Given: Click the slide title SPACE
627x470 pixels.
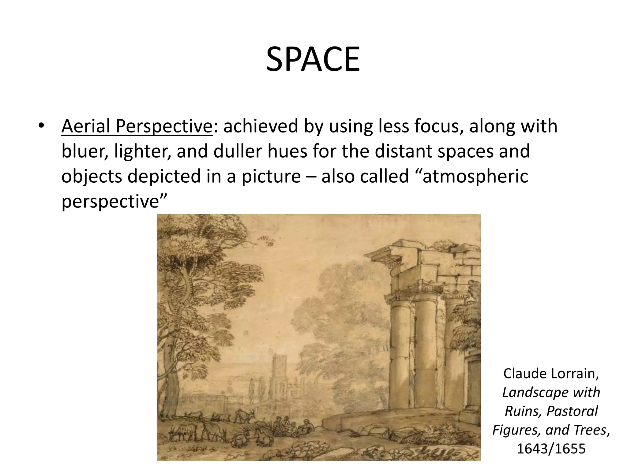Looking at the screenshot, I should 313,59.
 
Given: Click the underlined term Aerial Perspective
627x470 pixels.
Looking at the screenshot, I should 137,126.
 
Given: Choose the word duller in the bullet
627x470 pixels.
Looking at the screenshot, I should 237,152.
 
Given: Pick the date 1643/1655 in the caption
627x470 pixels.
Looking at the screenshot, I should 551,448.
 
